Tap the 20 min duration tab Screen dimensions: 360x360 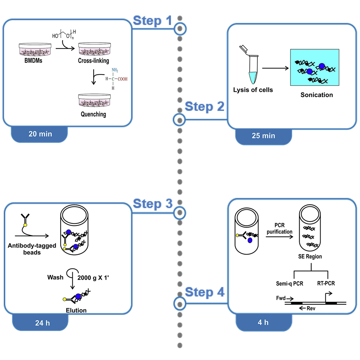point(40,134)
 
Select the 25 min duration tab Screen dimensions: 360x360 point(263,136)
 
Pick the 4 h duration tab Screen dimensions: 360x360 point(263,322)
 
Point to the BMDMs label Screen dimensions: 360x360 point(31,61)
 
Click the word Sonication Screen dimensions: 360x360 point(317,95)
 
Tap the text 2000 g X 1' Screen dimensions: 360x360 point(93,278)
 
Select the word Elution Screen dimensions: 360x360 point(76,310)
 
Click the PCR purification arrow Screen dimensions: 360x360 point(279,237)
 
